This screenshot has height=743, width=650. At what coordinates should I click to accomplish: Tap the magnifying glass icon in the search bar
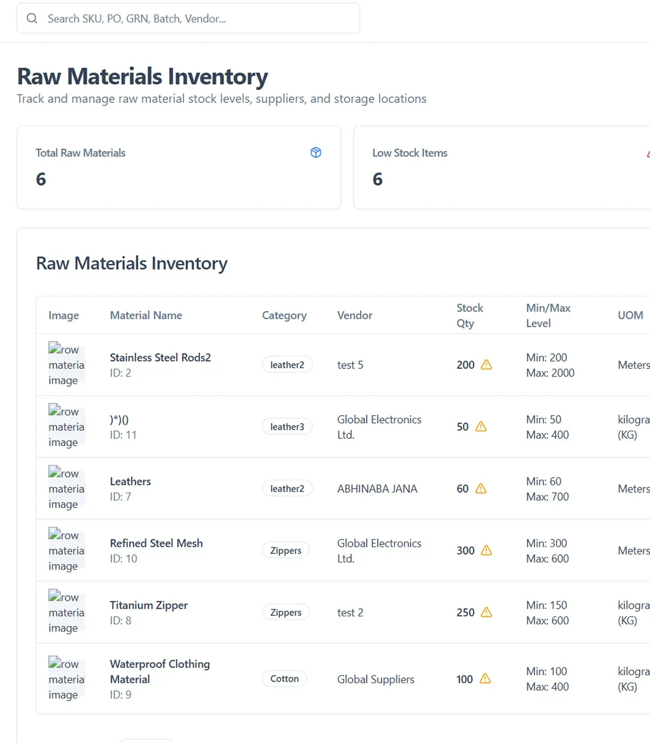coord(32,18)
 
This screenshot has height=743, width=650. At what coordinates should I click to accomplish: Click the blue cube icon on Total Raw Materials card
coord(316,152)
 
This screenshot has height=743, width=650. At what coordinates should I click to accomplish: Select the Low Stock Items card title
coord(410,153)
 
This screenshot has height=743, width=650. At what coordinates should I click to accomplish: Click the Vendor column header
coord(354,315)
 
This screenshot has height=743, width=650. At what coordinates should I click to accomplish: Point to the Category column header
coord(284,315)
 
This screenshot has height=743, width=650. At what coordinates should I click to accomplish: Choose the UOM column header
coord(630,315)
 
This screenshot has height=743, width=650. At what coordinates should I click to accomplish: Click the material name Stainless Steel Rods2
coord(160,357)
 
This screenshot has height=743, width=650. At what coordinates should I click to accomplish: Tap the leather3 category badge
coord(287,427)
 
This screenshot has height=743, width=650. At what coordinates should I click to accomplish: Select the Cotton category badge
coord(285,679)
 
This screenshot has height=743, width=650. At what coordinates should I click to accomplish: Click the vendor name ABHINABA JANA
coord(377,489)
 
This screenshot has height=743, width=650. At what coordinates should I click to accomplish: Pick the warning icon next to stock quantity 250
coord(486,612)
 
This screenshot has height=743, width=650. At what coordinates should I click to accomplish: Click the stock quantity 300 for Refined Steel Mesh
coord(465,551)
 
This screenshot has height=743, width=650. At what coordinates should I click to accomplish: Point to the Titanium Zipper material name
coord(148,605)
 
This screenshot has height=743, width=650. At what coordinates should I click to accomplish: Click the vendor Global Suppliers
coord(375,679)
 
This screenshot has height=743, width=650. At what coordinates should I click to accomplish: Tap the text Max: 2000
coord(550,373)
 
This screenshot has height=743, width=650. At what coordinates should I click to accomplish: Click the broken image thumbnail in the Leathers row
coord(66,489)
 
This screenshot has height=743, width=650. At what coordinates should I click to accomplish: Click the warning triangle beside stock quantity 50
coord(481,427)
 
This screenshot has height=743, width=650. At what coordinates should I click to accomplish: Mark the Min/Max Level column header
coord(548,315)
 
